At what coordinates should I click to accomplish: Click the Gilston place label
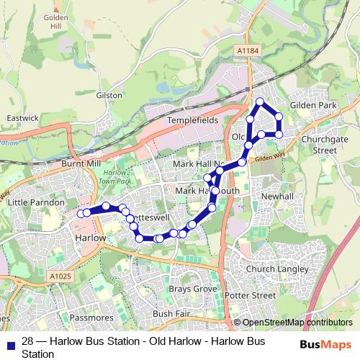109,95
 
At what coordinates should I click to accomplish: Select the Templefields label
192,121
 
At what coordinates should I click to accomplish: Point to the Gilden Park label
313,105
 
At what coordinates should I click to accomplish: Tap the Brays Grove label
193,289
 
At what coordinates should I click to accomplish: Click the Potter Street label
250,295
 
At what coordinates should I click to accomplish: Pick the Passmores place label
94,317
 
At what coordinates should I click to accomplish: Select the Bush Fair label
171,315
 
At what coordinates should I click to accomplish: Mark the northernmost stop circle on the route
260,102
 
